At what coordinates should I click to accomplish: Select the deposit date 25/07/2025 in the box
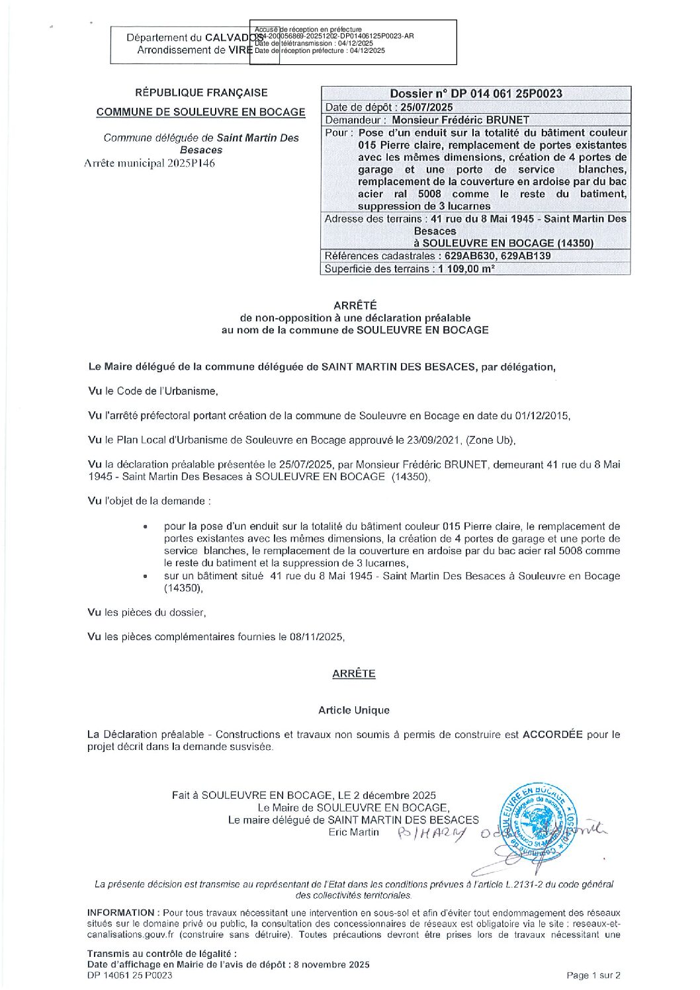click(427, 107)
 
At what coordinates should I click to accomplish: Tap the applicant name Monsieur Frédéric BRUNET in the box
click(460, 120)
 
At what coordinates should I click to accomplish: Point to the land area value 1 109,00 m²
click(466, 268)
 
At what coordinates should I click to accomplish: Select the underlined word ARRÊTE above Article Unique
click(354, 673)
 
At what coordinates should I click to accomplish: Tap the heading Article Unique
click(354, 710)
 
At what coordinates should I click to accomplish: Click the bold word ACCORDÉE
click(552, 734)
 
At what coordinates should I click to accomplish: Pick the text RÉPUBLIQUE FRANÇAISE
click(201, 93)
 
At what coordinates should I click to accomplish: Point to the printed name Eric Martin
click(354, 832)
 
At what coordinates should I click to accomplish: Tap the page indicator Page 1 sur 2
click(593, 975)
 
